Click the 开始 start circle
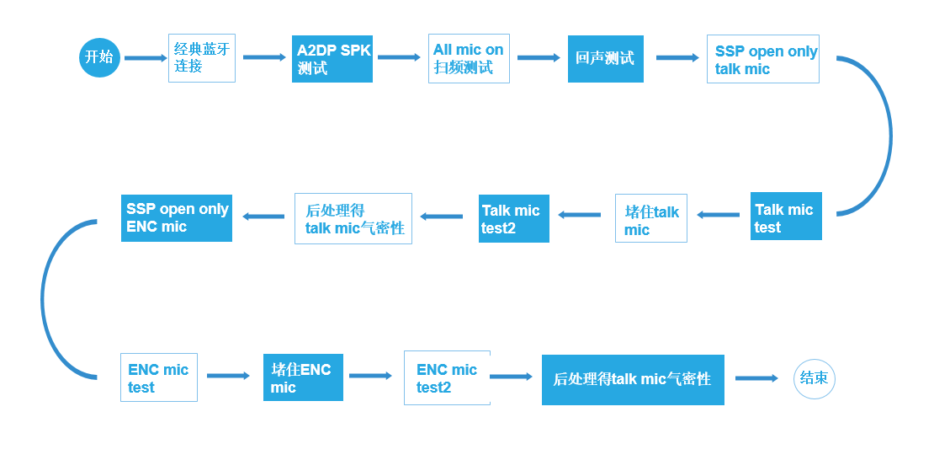tap(99, 57)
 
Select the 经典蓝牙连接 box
tap(202, 58)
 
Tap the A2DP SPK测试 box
tap(332, 58)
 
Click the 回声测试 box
tap(606, 58)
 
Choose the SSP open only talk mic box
tap(763, 59)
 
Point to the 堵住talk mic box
tap(651, 219)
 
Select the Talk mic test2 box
tap(514, 219)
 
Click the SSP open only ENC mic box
tap(177, 217)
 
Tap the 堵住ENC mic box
tap(303, 377)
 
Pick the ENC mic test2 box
tap(447, 378)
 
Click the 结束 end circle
tap(815, 377)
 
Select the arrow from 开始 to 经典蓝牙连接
tap(146, 58)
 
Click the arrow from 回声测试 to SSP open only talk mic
tap(677, 58)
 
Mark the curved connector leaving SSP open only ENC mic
tap(46, 299)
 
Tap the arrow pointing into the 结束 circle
tap(756, 378)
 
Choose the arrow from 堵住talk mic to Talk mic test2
tap(580, 215)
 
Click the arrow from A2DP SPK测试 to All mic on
tap(399, 57)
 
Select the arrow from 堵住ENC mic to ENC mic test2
tap(370, 376)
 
